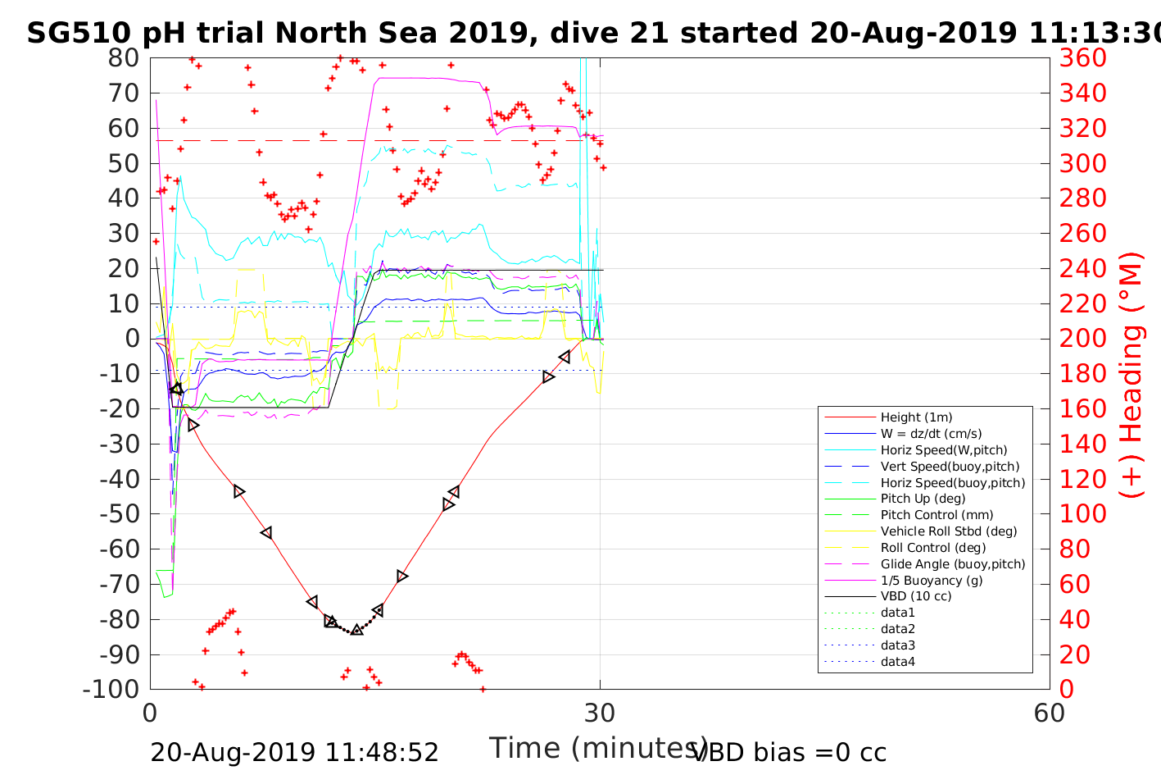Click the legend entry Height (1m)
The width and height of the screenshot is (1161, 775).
point(916,417)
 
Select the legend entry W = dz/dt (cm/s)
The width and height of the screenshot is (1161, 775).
point(931,434)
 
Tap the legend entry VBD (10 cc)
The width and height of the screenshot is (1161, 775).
point(916,596)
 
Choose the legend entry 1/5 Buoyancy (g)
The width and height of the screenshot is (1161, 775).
point(932,580)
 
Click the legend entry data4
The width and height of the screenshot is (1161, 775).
point(897,662)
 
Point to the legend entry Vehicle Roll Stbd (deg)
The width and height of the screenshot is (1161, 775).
point(948,531)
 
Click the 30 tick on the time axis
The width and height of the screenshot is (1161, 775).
point(600,713)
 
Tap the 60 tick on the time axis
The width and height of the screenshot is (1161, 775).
point(1049,713)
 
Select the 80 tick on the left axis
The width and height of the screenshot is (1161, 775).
point(125,58)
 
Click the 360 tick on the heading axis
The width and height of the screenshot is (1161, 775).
point(1082,58)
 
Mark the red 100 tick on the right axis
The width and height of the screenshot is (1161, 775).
point(1082,514)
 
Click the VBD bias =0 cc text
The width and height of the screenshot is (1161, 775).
point(789,752)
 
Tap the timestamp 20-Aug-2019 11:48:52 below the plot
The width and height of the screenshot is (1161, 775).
point(294,752)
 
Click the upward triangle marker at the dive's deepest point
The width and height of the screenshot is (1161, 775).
point(356,629)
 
